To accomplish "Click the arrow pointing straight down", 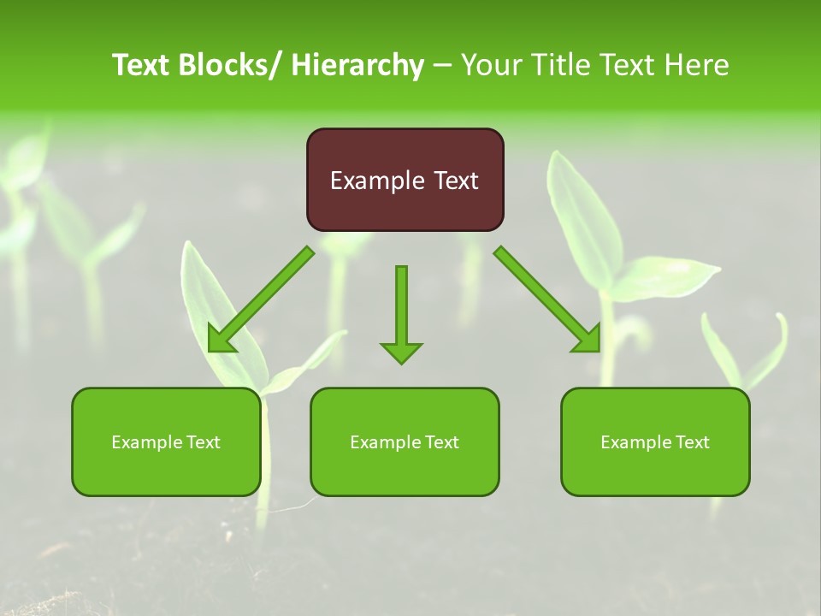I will coord(401,308).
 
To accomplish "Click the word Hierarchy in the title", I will coord(357,65).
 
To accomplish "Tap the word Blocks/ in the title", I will coord(226,65).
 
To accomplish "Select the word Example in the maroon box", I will coord(376,181).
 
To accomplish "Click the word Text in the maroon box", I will coord(455,181).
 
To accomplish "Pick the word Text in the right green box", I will coord(692,442).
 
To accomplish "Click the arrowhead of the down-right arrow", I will coord(589,340).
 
